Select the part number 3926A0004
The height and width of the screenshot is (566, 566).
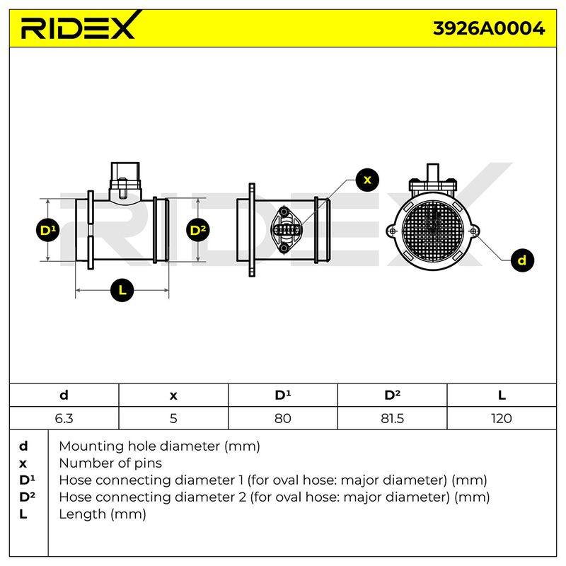pyautogui.click(x=489, y=28)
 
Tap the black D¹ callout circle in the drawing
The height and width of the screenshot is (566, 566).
pyautogui.click(x=48, y=230)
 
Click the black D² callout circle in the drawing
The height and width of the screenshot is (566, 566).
pyautogui.click(x=198, y=230)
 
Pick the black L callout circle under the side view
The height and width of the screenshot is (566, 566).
pyautogui.click(x=122, y=289)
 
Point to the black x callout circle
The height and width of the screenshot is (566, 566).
pyautogui.click(x=367, y=180)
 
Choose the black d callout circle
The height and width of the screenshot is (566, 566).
pyautogui.click(x=522, y=260)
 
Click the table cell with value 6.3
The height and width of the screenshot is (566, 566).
pyautogui.click(x=64, y=418)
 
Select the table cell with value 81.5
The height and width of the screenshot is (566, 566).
pyautogui.click(x=392, y=418)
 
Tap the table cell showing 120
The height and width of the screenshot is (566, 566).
pyautogui.click(x=502, y=418)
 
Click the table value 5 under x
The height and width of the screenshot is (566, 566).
pyautogui.click(x=173, y=418)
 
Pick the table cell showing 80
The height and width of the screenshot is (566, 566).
pyautogui.click(x=282, y=418)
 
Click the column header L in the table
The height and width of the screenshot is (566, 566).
pyautogui.click(x=502, y=395)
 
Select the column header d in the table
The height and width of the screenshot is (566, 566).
pyautogui.click(x=64, y=395)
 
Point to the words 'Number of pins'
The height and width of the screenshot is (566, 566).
pyautogui.click(x=110, y=463)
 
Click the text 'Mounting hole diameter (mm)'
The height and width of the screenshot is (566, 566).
pyautogui.click(x=160, y=446)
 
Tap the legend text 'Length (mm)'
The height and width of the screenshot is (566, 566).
pyautogui.click(x=103, y=514)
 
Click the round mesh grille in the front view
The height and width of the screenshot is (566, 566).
pyautogui.click(x=432, y=231)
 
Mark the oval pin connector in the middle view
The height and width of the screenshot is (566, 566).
pyautogui.click(x=286, y=229)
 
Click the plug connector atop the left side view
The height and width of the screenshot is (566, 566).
pyautogui.click(x=125, y=180)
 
